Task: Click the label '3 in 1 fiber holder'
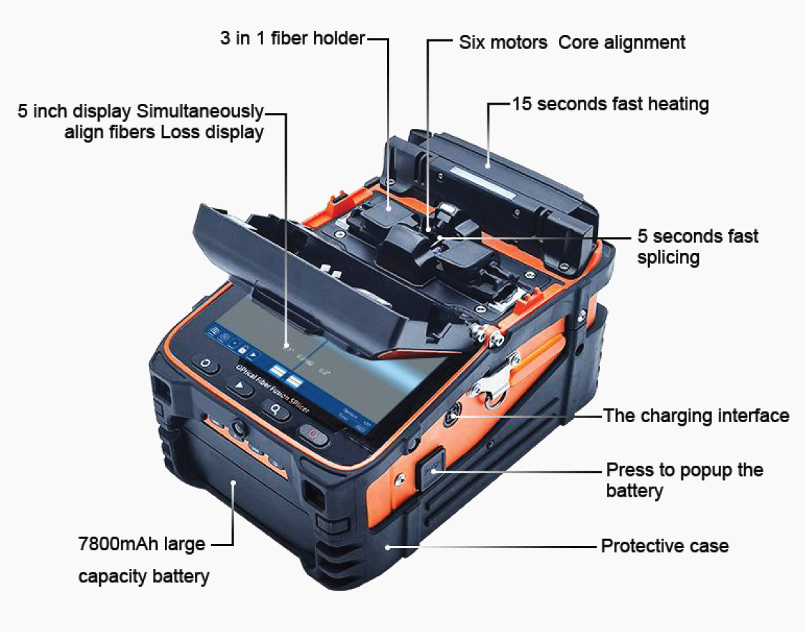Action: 292,39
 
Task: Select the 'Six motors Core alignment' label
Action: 571,42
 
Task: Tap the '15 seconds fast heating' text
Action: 610,104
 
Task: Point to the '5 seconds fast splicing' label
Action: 697,246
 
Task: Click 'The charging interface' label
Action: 695,416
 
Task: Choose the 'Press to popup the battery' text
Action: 684,480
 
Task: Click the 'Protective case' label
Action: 664,546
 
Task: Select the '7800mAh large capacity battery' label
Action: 143,560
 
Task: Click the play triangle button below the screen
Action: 239,387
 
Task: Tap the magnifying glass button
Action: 275,408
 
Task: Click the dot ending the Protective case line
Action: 388,547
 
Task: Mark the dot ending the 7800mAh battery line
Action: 233,483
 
